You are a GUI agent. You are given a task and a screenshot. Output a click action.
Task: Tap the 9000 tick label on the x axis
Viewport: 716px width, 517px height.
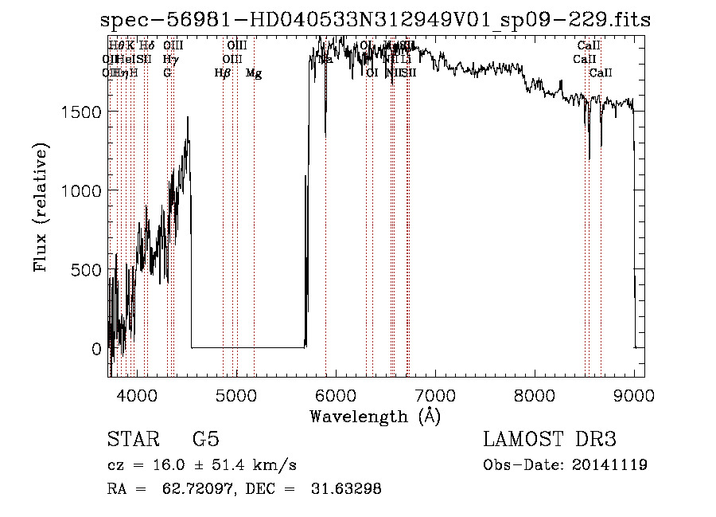[x=635, y=395]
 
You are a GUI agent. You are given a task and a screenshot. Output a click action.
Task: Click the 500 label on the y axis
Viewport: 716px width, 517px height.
[x=86, y=270]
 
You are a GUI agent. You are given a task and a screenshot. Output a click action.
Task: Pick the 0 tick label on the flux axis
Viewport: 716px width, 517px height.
[x=96, y=349]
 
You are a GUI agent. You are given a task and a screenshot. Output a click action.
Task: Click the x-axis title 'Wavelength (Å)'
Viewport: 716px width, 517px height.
[x=375, y=416]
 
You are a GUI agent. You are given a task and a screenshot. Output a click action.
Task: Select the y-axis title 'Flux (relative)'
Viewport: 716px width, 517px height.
[x=41, y=207]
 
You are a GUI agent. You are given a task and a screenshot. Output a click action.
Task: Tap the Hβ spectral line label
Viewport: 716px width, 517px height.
[x=223, y=73]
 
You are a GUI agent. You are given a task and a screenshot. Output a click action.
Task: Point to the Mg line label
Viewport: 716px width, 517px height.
[x=254, y=73]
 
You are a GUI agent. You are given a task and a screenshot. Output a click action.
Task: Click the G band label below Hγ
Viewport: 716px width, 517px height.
[x=167, y=73]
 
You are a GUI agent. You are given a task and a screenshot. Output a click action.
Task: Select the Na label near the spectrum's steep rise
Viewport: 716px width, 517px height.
[x=325, y=59]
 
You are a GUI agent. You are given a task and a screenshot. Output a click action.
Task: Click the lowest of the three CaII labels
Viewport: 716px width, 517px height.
[x=601, y=73]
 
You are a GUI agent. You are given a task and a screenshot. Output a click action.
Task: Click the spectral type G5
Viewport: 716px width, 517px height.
[x=205, y=440]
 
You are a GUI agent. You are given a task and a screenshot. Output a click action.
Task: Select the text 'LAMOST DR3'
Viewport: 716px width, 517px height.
[x=549, y=440]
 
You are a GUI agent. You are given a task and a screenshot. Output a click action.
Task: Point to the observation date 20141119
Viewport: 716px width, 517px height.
[x=614, y=465]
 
